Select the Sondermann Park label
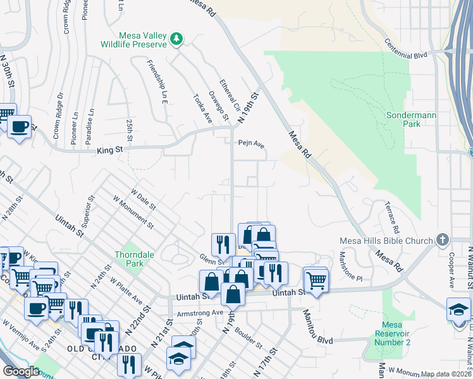coord(403,120)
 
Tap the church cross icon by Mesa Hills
coord(442,240)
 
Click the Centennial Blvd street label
coord(405,50)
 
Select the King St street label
coord(109,150)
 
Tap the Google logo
coord(21,371)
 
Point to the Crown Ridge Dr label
coord(58,116)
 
